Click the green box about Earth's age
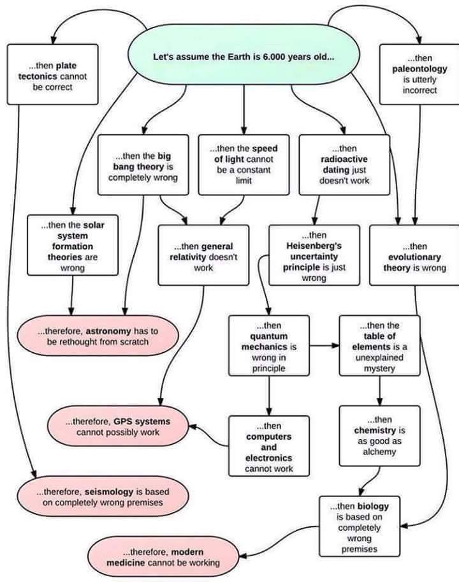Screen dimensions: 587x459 pos(244,56)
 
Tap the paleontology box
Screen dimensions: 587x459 pos(419,74)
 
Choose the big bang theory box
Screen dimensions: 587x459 pos(143,165)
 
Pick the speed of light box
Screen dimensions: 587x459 pos(244,164)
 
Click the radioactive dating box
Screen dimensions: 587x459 pos(344,165)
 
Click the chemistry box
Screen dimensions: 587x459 pos(379,435)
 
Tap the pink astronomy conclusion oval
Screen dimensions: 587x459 pos(97,336)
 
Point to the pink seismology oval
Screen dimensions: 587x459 pos(102,497)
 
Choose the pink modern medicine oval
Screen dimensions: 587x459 pos(162,557)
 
